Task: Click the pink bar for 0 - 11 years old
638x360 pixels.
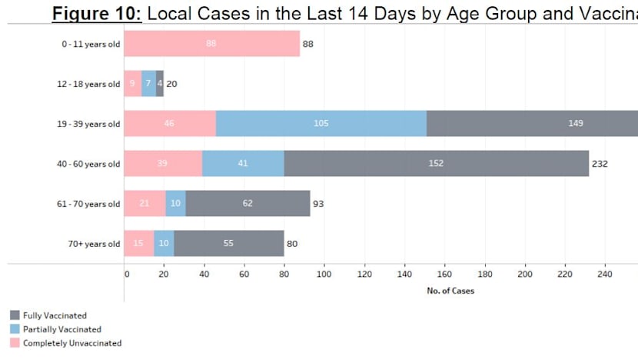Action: (x=211, y=44)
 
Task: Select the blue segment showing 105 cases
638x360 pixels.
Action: (x=321, y=123)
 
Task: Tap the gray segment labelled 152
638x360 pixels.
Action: (x=436, y=163)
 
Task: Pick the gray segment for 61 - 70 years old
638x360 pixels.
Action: (x=247, y=203)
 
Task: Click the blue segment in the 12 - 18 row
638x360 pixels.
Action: (x=148, y=83)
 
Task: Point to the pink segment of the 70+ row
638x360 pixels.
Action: (x=138, y=244)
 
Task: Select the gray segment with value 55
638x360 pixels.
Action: (x=228, y=244)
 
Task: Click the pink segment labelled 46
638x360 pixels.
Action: (x=170, y=123)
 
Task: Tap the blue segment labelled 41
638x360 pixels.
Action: (x=243, y=163)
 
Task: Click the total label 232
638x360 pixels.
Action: (x=600, y=164)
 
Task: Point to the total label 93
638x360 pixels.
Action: (x=318, y=204)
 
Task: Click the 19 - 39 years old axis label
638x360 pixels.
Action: (x=91, y=124)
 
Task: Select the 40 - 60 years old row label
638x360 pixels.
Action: (x=91, y=164)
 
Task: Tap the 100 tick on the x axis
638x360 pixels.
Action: (x=324, y=273)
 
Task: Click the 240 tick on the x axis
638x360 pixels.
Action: (x=604, y=273)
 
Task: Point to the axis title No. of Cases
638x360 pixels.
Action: (x=450, y=291)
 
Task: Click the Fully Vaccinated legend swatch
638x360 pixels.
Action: (x=15, y=315)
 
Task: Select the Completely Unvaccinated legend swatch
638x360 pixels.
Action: (x=15, y=343)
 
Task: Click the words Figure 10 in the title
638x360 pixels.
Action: (x=97, y=12)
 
